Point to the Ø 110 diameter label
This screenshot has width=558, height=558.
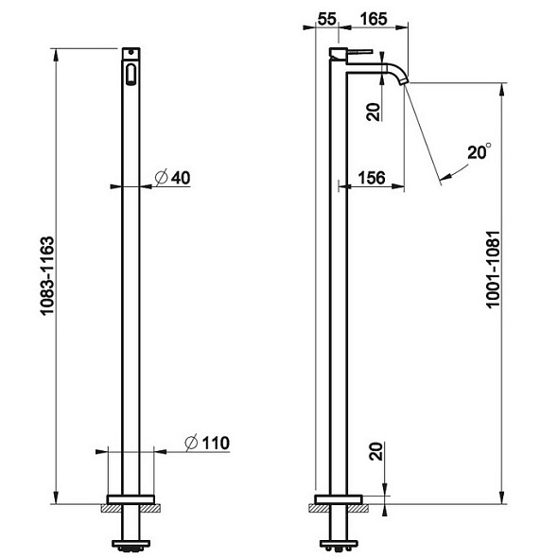[x=205, y=442]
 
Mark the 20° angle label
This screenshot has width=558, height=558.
[x=480, y=151]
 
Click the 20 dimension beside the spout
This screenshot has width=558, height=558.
[x=375, y=112]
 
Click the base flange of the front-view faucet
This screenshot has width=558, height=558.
[x=131, y=498]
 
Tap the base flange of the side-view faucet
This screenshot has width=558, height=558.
[x=338, y=498]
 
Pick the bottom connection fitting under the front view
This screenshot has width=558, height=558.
[x=131, y=544]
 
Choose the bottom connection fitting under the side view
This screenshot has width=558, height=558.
[x=338, y=544]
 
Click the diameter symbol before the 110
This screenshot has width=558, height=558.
[x=190, y=442]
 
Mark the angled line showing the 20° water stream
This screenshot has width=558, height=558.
[x=424, y=132]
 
